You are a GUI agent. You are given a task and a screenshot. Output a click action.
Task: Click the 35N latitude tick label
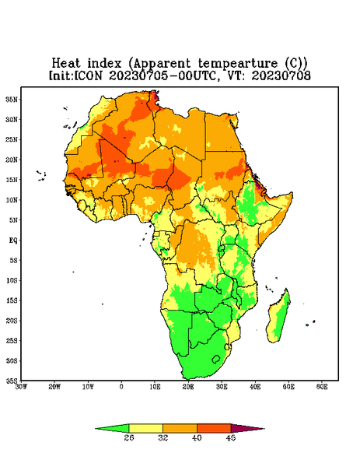(12, 99)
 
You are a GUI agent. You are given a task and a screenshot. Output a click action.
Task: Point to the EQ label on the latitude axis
(12, 240)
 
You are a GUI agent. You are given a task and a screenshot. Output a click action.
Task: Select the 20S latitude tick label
(12, 321)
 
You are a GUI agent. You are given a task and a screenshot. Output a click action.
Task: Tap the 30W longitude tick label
(21, 387)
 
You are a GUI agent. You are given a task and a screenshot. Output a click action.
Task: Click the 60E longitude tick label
(322, 387)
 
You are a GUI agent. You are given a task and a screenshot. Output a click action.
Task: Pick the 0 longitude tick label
(121, 387)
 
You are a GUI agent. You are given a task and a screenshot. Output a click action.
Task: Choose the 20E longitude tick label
(188, 387)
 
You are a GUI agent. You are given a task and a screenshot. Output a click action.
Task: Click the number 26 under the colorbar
(129, 437)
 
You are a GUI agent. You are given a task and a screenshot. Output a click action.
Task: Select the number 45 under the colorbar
(231, 437)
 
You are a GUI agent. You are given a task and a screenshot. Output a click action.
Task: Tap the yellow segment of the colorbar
(145, 428)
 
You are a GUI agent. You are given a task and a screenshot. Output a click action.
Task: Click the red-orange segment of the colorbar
(214, 428)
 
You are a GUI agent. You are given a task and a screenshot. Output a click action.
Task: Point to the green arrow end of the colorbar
(112, 428)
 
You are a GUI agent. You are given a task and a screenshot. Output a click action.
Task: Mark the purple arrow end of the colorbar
(247, 428)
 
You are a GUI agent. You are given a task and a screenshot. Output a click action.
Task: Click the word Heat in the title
(66, 64)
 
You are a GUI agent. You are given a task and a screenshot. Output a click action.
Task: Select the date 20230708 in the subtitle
(281, 75)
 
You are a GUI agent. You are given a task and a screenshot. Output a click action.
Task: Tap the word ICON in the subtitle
(88, 75)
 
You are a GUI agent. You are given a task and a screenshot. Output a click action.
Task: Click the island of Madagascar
(278, 316)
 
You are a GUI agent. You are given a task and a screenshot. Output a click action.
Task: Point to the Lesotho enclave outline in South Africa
(216, 359)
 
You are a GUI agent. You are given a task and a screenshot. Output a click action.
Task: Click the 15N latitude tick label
(12, 180)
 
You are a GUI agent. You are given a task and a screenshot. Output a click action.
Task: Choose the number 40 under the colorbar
(197, 437)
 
